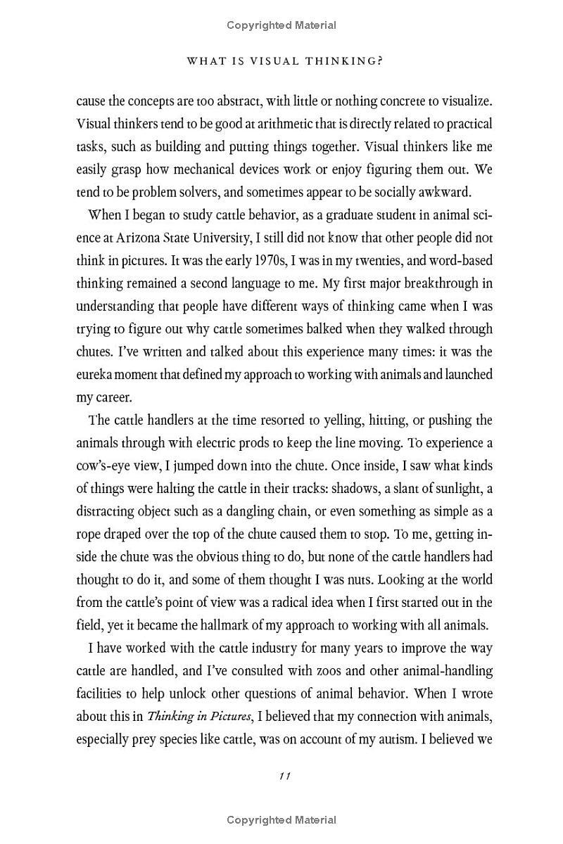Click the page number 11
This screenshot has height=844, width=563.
coord(285,776)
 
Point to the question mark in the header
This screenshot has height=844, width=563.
coord(379,61)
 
